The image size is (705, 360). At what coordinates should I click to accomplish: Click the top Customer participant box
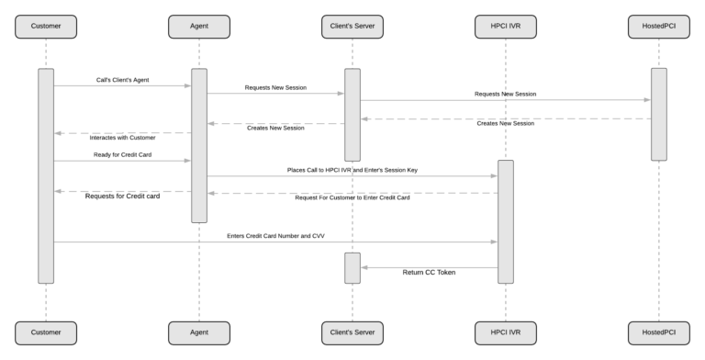(x=46, y=27)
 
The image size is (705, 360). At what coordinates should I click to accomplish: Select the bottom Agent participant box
(x=199, y=331)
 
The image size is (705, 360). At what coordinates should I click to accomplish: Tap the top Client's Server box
(x=352, y=27)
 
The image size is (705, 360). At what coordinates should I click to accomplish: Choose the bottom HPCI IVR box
(x=506, y=331)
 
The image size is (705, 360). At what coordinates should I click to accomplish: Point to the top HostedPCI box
(x=659, y=27)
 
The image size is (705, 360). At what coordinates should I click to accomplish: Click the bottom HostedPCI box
(x=659, y=331)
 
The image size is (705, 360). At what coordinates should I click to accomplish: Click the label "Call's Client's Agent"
(x=121, y=80)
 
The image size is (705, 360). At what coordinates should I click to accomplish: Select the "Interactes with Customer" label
(x=122, y=138)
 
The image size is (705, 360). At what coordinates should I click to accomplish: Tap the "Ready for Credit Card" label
(x=121, y=154)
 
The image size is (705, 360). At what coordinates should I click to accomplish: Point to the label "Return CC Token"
(x=429, y=273)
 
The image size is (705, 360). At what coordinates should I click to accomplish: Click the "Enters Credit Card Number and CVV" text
(x=275, y=236)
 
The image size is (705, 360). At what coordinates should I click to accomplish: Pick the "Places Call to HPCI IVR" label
(x=352, y=170)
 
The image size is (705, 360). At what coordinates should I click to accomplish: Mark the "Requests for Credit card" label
(x=122, y=197)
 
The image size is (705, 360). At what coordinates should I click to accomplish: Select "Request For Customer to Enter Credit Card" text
(x=352, y=197)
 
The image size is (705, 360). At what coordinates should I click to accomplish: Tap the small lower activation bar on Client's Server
(x=352, y=267)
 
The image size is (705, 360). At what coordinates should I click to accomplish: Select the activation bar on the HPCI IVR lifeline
(x=506, y=220)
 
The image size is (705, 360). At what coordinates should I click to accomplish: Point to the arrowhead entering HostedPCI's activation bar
(x=647, y=100)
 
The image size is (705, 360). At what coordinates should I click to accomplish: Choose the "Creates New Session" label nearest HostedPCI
(x=506, y=123)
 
